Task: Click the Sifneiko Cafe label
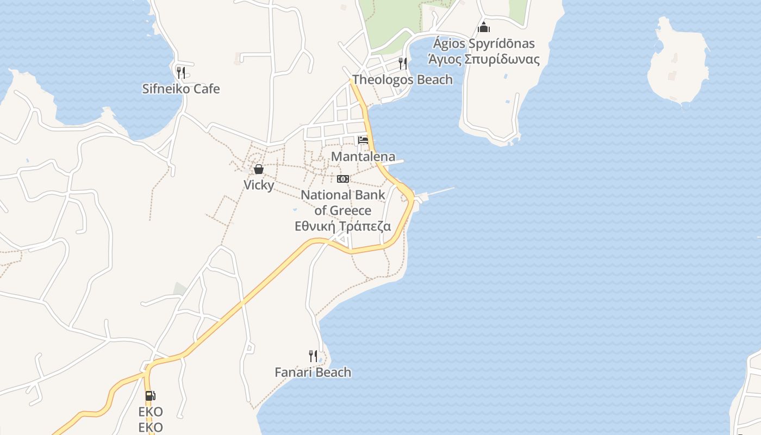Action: [x=181, y=89]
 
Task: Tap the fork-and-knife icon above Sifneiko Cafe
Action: [x=181, y=72]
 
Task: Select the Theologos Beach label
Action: [x=402, y=80]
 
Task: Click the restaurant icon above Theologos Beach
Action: [x=402, y=63]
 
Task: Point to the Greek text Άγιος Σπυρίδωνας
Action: [x=484, y=59]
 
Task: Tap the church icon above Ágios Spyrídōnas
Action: [x=484, y=27]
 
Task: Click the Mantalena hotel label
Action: [x=363, y=157]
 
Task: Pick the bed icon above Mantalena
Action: [x=363, y=140]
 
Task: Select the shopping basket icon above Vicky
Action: [x=259, y=169]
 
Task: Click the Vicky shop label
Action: [x=259, y=185]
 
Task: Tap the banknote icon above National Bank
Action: [x=343, y=179]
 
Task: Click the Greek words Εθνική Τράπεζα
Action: [x=343, y=226]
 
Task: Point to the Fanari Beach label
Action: [x=313, y=372]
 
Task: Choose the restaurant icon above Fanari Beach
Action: [x=313, y=356]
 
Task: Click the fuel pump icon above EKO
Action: [x=150, y=396]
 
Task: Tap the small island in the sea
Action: [x=678, y=63]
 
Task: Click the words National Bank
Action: [x=343, y=195]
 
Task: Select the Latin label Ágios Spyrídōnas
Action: [x=484, y=43]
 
